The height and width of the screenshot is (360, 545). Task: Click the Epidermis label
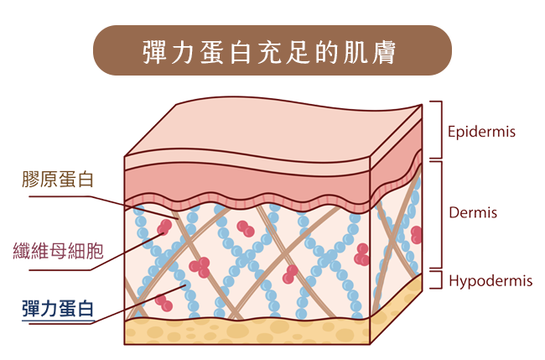coord(480,133)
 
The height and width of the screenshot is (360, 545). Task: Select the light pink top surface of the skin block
coord(277,130)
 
